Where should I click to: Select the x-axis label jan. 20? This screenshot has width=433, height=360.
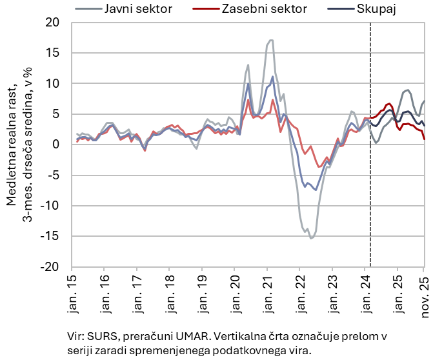click(234, 289)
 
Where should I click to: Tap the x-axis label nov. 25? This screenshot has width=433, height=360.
click(423, 289)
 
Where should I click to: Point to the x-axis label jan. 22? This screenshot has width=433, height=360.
click(299, 289)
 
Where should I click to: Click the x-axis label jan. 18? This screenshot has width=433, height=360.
click(169, 289)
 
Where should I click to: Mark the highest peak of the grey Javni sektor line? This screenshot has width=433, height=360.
click(271, 40)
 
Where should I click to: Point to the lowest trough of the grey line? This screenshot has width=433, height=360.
click(311, 238)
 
